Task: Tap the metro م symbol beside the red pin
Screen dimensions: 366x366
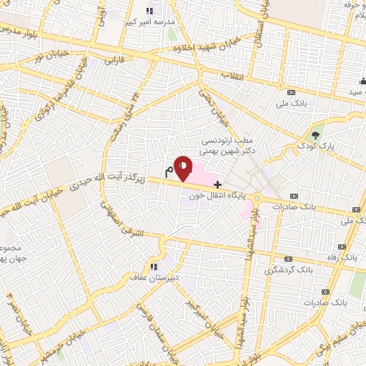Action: (169, 171)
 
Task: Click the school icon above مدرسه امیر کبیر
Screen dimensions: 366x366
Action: (149, 11)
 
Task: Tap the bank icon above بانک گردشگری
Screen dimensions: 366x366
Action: (288, 259)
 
